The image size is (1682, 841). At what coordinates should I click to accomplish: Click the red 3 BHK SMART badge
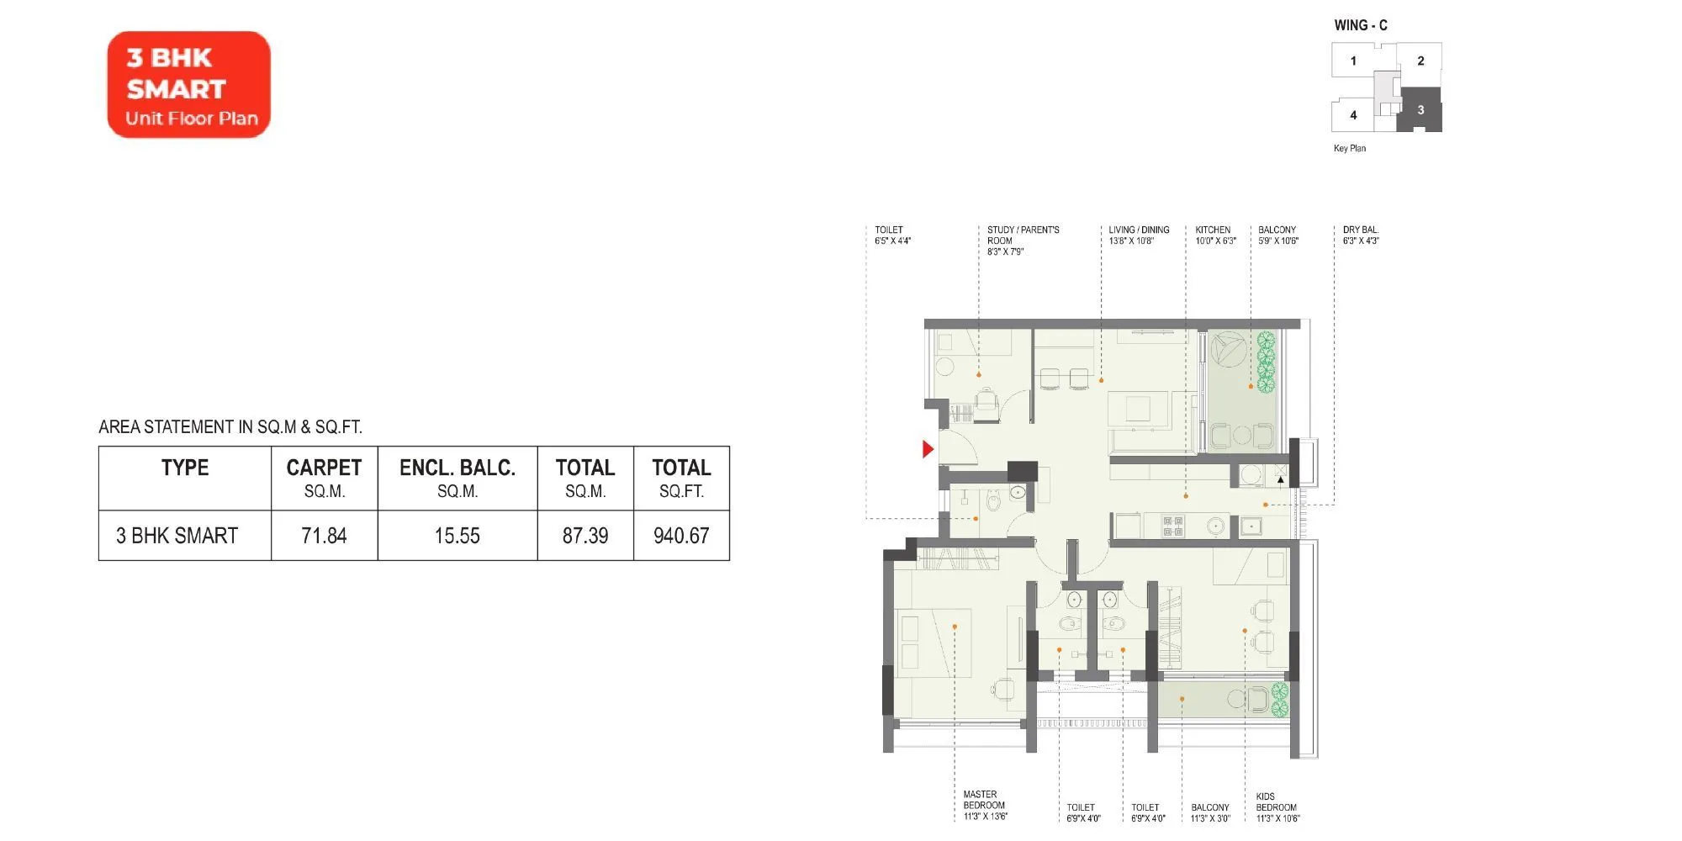(x=189, y=85)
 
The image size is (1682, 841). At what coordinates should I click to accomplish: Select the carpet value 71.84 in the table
(x=324, y=536)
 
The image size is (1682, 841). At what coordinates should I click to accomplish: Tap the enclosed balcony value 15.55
(x=457, y=536)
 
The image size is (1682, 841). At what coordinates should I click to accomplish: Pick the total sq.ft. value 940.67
(x=681, y=536)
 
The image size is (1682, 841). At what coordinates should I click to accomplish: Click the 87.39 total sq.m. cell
(x=585, y=536)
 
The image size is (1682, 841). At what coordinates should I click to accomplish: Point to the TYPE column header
(x=185, y=468)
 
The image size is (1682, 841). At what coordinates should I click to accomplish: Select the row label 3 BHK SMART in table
(x=177, y=536)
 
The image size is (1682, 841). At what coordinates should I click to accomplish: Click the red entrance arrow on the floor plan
(x=928, y=449)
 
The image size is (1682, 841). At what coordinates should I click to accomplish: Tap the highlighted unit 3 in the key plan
(x=1420, y=110)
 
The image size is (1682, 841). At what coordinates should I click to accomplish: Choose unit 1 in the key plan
(x=1353, y=61)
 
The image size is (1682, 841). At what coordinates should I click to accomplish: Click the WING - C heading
(x=1361, y=25)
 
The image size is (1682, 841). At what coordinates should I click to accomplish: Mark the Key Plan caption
(x=1350, y=149)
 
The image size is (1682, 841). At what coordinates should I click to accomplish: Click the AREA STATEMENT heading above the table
(x=230, y=427)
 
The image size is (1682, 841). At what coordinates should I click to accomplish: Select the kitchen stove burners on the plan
(x=1173, y=526)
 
